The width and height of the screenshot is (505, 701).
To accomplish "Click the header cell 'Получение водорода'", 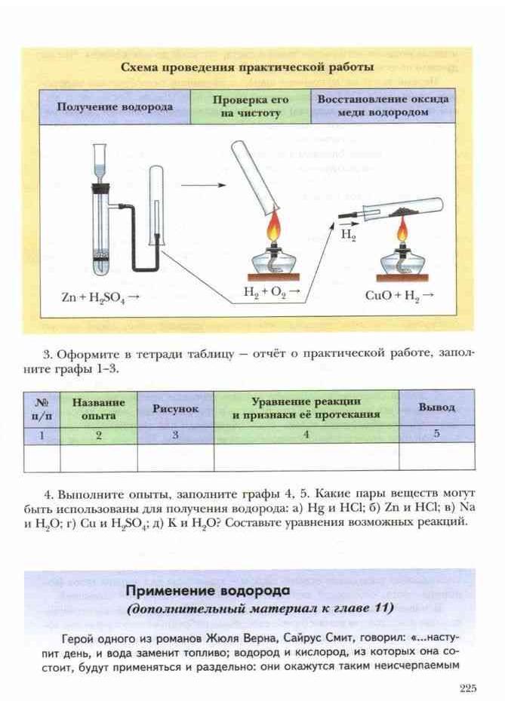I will coord(115,107).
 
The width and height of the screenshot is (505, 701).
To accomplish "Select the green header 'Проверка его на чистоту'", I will coord(251,106).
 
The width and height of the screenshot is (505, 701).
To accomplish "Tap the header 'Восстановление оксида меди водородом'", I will coord(383,106).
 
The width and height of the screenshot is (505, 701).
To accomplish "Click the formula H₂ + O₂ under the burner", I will coord(271,291).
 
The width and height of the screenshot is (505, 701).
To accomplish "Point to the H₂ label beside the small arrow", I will coord(348,235).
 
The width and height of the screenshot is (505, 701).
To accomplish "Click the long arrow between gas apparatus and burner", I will coord(199,183).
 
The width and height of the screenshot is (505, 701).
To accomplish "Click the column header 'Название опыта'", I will coord(99,408).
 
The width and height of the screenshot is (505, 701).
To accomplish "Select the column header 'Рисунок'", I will coord(175,408).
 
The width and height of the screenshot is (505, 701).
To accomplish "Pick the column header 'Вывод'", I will coord(437,407).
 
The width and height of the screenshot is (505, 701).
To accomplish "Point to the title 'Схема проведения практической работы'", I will coord(248,66).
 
